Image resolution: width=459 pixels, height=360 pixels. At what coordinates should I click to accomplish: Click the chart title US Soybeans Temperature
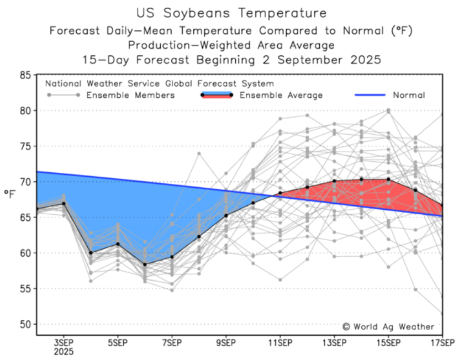click(230, 13)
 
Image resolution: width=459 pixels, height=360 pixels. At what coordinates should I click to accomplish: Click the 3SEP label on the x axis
click(64, 343)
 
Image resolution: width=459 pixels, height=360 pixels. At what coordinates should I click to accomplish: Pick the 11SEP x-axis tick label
click(280, 343)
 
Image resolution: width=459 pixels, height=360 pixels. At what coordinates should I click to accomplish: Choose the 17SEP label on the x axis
click(442, 343)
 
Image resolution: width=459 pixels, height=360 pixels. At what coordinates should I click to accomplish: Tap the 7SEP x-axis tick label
click(172, 343)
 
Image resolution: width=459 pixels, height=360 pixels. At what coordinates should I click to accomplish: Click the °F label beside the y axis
click(10, 194)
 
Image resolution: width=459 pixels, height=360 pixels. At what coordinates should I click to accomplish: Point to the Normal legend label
click(409, 96)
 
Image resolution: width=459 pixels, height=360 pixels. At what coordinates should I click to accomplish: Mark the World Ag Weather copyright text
click(389, 327)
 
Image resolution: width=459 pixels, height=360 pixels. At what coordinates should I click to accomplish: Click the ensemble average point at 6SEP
click(145, 264)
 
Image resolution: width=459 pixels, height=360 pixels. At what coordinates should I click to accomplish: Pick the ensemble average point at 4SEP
click(91, 253)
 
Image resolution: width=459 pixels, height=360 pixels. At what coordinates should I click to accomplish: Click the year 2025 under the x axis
click(64, 352)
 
